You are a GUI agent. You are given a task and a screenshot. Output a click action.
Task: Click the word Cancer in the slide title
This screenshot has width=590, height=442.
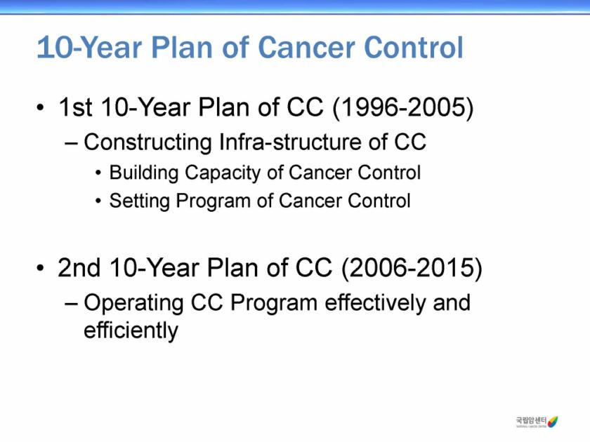(x=306, y=48)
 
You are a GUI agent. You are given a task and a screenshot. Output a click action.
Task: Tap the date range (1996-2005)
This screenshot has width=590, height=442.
(x=403, y=107)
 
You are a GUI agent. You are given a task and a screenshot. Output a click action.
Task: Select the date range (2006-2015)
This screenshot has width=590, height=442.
(x=412, y=268)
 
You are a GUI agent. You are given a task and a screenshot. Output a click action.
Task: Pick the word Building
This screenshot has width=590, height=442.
(x=144, y=173)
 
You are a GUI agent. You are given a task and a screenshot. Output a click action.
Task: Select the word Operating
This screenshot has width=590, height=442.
(x=133, y=303)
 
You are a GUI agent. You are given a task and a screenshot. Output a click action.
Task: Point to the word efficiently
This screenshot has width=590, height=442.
(x=131, y=330)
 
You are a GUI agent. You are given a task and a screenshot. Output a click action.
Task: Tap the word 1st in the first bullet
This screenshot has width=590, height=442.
(x=75, y=107)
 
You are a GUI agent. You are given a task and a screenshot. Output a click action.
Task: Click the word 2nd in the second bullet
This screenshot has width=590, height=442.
(x=79, y=268)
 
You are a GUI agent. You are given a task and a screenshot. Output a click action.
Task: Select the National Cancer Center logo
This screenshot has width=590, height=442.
(x=537, y=422)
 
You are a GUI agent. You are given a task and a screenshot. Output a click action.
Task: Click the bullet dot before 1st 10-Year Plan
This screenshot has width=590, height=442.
(x=40, y=108)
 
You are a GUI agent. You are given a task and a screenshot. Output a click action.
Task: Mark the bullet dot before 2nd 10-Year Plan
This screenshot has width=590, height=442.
(x=40, y=268)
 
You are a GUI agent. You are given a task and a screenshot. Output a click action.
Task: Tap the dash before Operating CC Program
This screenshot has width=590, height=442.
(x=71, y=304)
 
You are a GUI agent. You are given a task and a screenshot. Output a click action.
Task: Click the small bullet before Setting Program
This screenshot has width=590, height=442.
(x=98, y=201)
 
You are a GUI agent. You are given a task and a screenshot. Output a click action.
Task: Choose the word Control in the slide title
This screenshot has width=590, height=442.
(x=414, y=48)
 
